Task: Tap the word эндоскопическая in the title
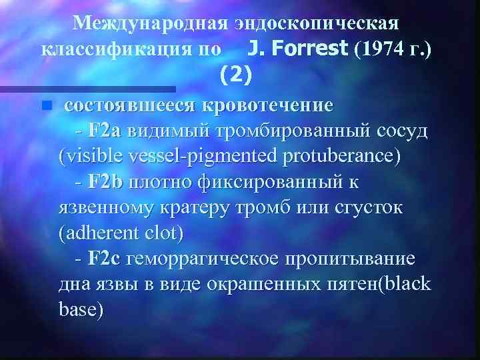click(316, 23)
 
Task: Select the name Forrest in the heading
click(303, 49)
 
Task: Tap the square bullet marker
click(45, 105)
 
